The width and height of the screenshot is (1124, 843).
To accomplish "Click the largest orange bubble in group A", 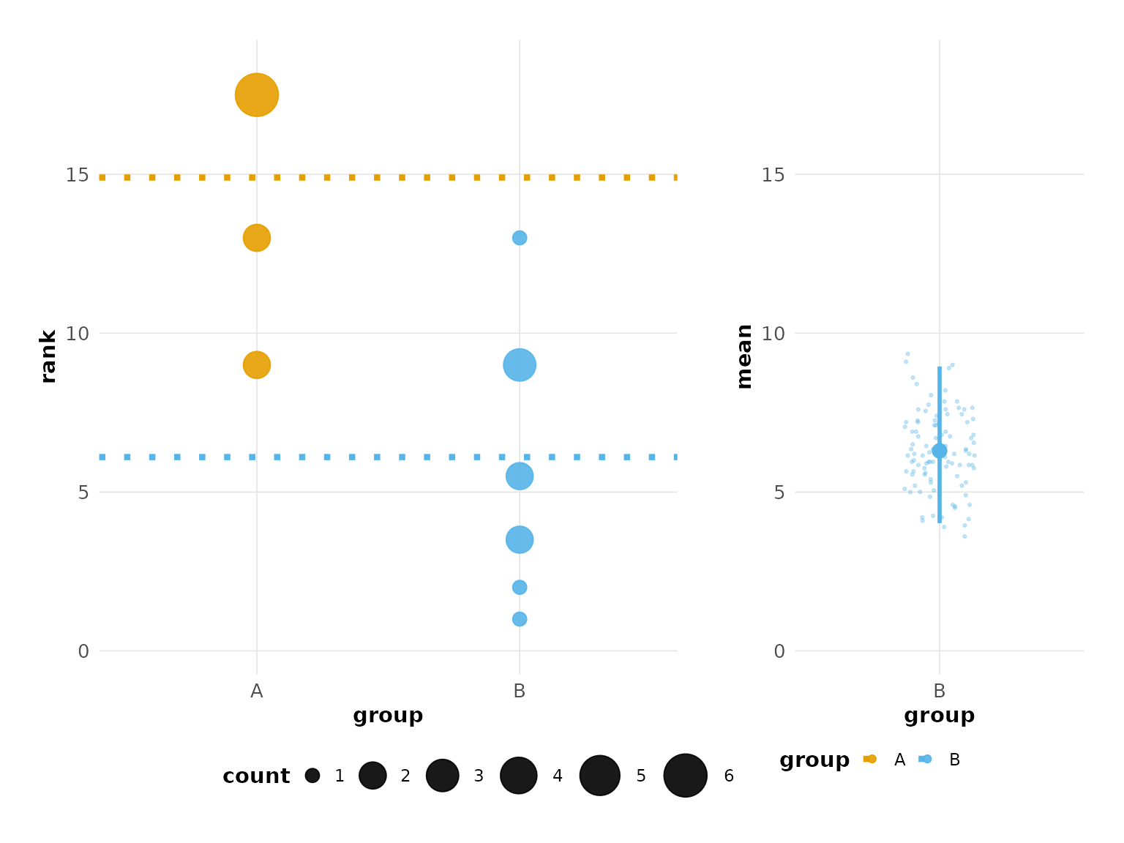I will pyautogui.click(x=256, y=95).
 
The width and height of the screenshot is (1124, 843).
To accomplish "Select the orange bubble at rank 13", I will pyautogui.click(x=256, y=238).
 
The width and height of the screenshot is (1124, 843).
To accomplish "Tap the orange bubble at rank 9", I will pyautogui.click(x=256, y=364).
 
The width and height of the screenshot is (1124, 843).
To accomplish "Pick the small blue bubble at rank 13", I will pyautogui.click(x=520, y=238).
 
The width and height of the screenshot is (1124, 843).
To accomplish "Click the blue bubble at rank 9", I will pyautogui.click(x=520, y=364).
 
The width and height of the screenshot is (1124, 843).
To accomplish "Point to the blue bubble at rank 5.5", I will pyautogui.click(x=520, y=476).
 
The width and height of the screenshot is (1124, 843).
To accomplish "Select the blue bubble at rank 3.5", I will pyautogui.click(x=520, y=540).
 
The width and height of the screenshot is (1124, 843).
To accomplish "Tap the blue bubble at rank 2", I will pyautogui.click(x=520, y=588).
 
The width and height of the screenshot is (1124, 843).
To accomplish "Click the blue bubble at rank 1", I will pyautogui.click(x=520, y=619).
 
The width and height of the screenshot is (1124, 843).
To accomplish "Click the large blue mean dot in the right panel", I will pyautogui.click(x=940, y=451).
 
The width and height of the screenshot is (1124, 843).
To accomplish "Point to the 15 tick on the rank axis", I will pyautogui.click(x=77, y=175).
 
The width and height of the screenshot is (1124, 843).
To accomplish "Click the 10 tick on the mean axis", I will pyautogui.click(x=773, y=334).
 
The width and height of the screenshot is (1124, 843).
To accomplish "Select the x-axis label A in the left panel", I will pyautogui.click(x=256, y=692).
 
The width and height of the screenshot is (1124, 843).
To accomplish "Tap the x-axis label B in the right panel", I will pyautogui.click(x=940, y=692).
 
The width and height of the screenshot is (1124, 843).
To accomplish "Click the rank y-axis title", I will pyautogui.click(x=48, y=356).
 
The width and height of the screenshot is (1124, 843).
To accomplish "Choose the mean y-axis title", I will pyautogui.click(x=744, y=356).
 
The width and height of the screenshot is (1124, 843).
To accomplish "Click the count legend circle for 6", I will pyautogui.click(x=686, y=776).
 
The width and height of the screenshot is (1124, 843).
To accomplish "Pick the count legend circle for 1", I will pyautogui.click(x=312, y=776).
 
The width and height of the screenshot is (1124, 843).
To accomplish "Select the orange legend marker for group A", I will pyautogui.click(x=870, y=760).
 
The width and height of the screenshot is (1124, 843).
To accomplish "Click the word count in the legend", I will pyautogui.click(x=256, y=776).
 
